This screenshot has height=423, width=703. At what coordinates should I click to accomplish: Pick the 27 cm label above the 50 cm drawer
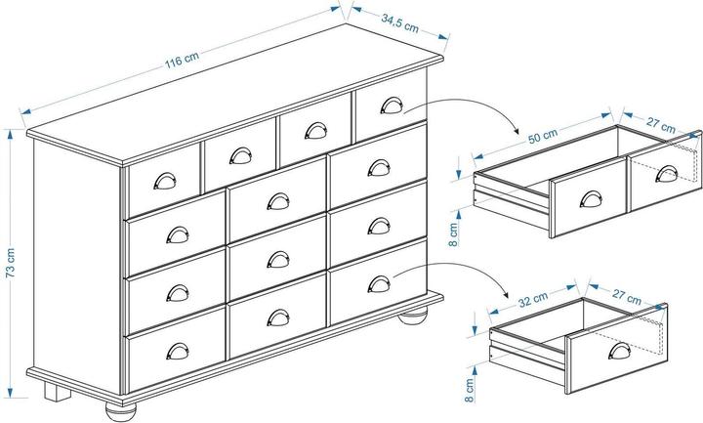point(660,126)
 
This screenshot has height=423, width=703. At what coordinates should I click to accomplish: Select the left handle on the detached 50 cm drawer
point(590,197)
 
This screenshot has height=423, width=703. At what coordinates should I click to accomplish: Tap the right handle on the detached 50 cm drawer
point(667,173)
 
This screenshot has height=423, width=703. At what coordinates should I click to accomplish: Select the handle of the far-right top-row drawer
point(391,106)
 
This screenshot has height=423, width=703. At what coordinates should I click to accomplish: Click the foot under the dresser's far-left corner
point(57,394)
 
